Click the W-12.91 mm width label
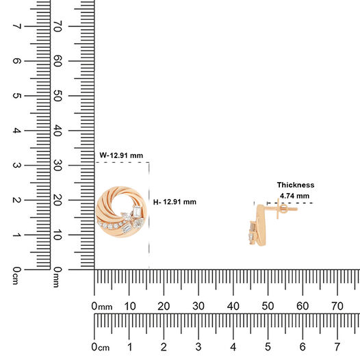click(121, 155)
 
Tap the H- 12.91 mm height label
click(175, 202)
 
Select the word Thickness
click(296, 185)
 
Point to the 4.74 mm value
click(294, 196)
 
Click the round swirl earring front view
click(121, 211)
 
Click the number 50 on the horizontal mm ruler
click(268, 306)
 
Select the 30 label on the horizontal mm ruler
click(198, 306)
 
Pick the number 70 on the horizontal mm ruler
click(337, 306)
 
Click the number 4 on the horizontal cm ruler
click(233, 347)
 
